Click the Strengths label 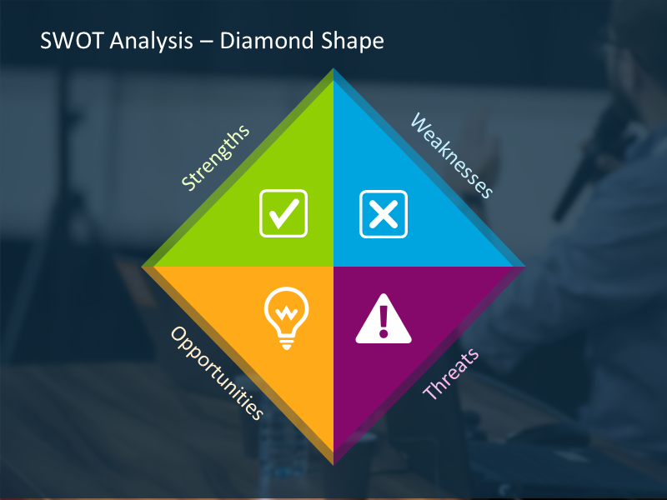click(215, 158)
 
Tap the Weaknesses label click(452, 156)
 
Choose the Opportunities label click(218, 372)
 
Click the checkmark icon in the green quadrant click(283, 212)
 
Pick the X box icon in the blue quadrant click(384, 213)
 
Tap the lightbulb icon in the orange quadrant click(285, 315)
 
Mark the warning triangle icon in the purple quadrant click(384, 320)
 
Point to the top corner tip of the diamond click(333, 70)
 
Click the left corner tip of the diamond click(143, 267)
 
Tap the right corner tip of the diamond click(524, 267)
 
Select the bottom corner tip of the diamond click(333, 463)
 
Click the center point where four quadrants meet click(333, 267)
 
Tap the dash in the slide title click(205, 42)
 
